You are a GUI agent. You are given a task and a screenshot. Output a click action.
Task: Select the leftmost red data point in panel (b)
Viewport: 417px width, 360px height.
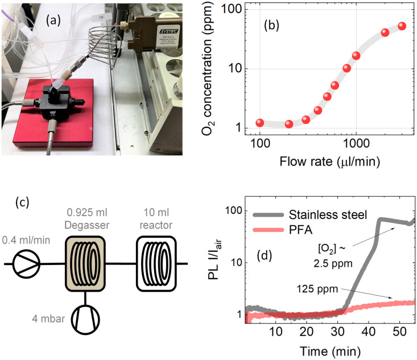[260, 122]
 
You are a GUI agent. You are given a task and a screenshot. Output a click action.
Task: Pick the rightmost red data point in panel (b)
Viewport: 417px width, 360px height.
[402, 26]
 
